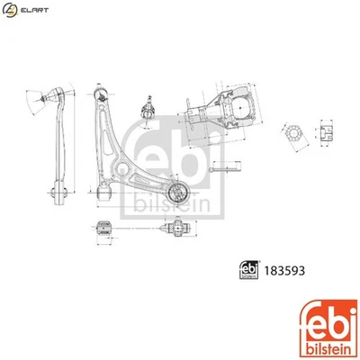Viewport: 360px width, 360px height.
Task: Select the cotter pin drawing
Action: pos(222,168)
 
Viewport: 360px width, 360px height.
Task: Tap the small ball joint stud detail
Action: pos(147,109)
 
